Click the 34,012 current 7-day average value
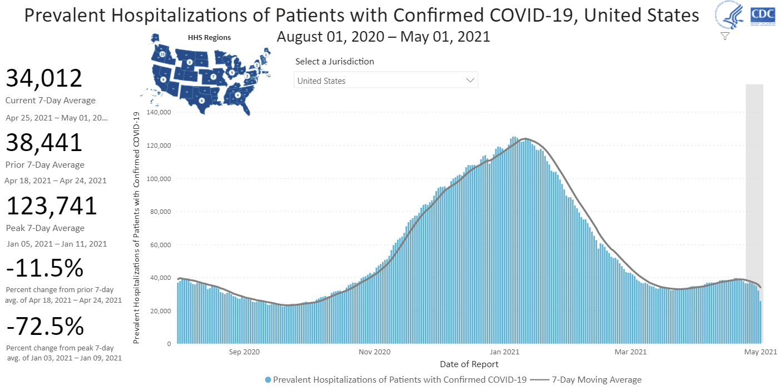pos(44,78)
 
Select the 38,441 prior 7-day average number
pos(44,143)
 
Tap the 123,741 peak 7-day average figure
pos(52,206)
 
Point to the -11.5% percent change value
pos(44,269)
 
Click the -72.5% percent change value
pos(45,326)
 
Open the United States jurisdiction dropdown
pos(385,81)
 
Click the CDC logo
pos(763,15)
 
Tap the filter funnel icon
pos(725,36)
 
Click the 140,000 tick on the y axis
pos(160,112)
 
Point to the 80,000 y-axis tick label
pos(161,212)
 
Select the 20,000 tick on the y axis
pos(161,310)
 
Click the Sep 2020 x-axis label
pos(244,352)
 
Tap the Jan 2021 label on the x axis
pos(504,352)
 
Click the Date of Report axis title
pos(469,364)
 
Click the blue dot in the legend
pos(268,380)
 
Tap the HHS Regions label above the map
pos(209,38)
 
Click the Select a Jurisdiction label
pos(335,62)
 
